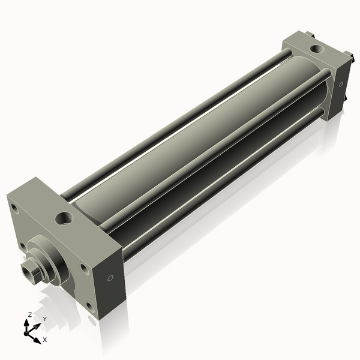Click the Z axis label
pyautogui.click(x=28, y=314)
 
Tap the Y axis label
pyautogui.click(x=44, y=319)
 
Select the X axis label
pyautogui.click(x=44, y=340)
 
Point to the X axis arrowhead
pyautogui.click(x=38, y=335)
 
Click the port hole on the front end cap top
pyautogui.click(x=64, y=217)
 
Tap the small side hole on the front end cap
pyautogui.click(x=110, y=278)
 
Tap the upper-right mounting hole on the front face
pyautogui.click(x=84, y=268)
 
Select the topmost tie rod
pyautogui.click(x=174, y=120)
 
